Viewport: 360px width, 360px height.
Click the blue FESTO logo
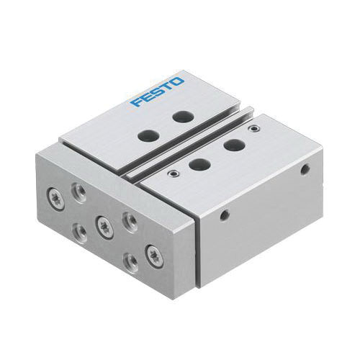click(158, 92)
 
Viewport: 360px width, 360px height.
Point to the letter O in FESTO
click(178, 81)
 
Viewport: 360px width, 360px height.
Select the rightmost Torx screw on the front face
click(153, 252)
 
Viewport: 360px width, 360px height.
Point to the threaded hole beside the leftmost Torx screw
click(77, 190)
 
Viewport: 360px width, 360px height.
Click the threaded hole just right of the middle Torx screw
click(127, 220)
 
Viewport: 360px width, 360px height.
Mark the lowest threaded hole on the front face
click(130, 261)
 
